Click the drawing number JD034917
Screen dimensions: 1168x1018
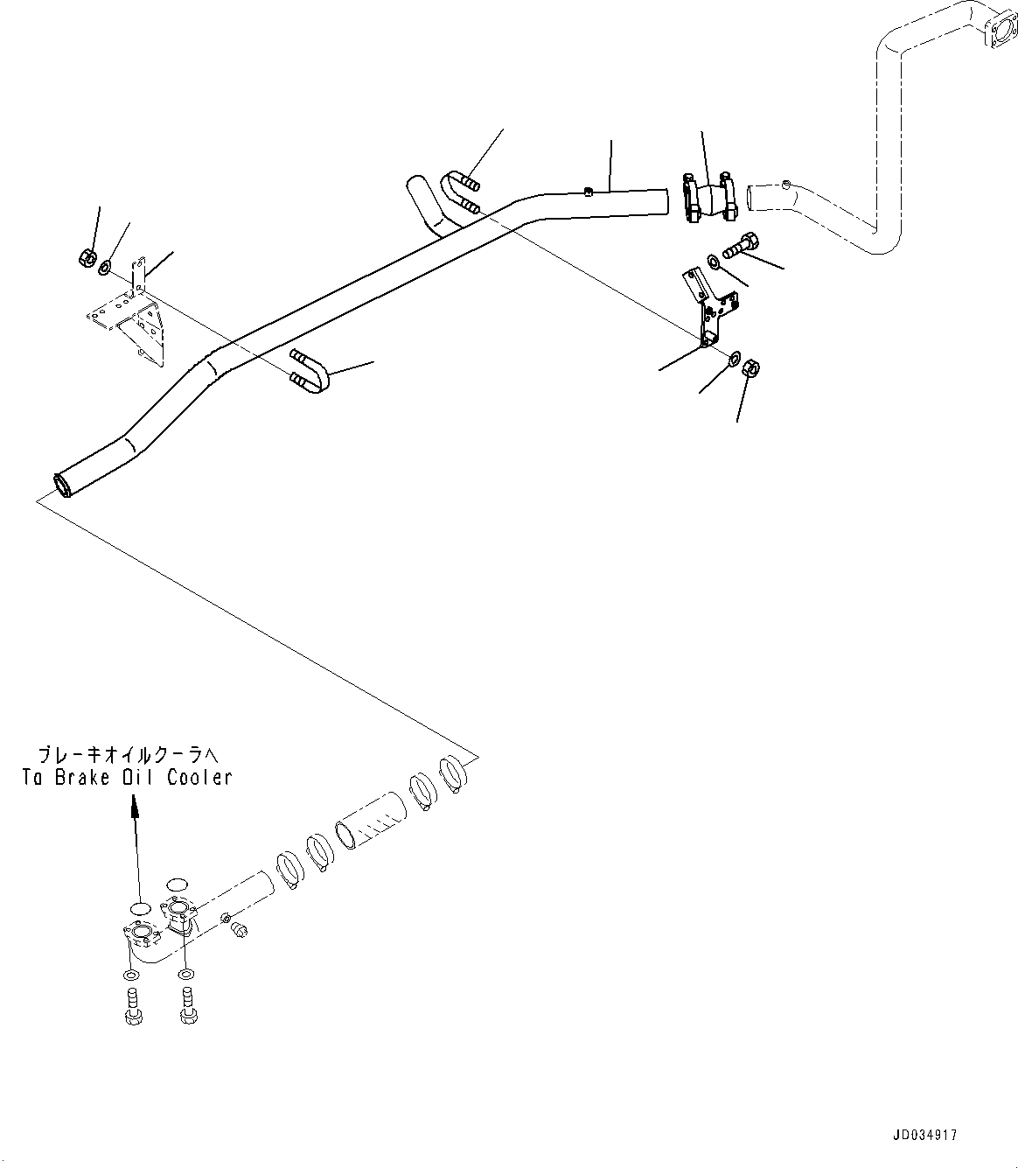[x=924, y=1135]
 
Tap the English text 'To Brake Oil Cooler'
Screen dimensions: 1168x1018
[x=128, y=777]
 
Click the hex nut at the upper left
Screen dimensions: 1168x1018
[x=86, y=257]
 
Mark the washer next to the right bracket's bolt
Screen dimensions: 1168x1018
[x=714, y=260]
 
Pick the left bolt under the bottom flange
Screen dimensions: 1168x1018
[x=131, y=1006]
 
